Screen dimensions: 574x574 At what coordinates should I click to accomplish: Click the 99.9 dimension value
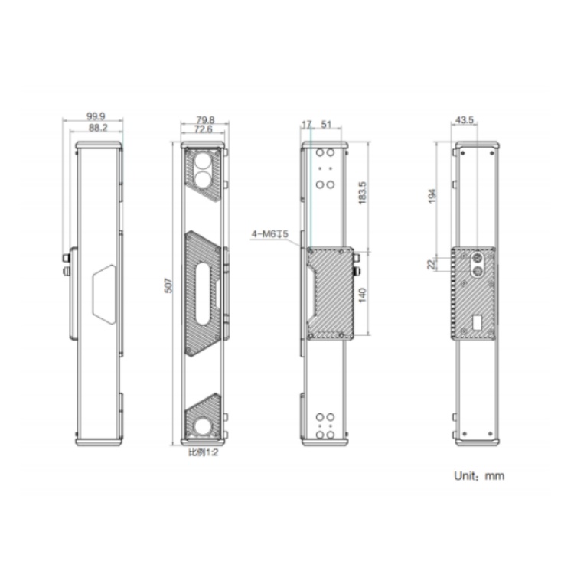pyautogui.click(x=96, y=116)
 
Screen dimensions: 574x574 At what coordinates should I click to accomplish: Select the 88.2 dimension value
pyautogui.click(x=98, y=127)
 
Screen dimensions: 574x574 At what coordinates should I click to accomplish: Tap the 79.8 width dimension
pyautogui.click(x=205, y=119)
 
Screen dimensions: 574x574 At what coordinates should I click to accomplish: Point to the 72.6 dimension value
pyautogui.click(x=203, y=129)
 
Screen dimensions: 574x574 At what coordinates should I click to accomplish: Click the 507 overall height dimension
pyautogui.click(x=168, y=285)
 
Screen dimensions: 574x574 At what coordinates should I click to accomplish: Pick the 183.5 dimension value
pyautogui.click(x=362, y=193)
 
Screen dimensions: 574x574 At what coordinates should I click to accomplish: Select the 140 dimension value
pyautogui.click(x=362, y=295)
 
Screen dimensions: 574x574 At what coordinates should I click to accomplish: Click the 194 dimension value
pyautogui.click(x=432, y=196)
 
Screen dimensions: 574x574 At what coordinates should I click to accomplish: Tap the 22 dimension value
pyautogui.click(x=432, y=264)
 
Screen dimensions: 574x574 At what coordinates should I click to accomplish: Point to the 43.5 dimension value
pyautogui.click(x=465, y=119)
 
